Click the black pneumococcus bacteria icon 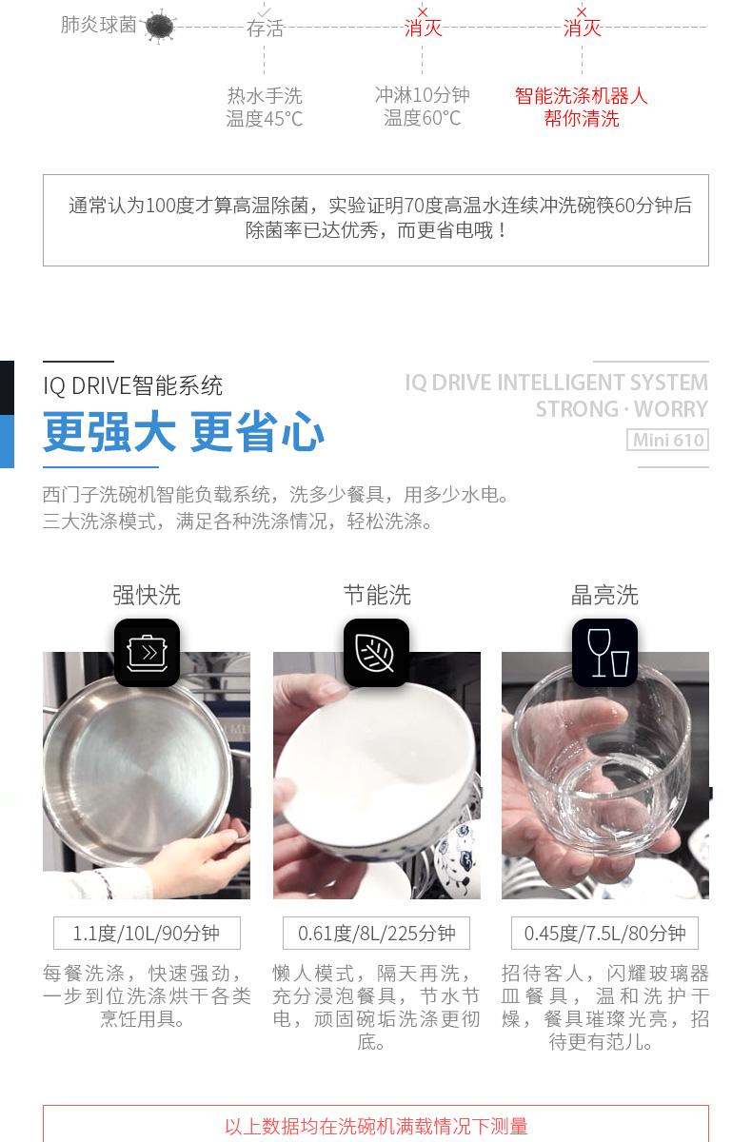pos(160,26)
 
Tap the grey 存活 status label pos(265,29)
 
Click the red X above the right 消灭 pos(582,11)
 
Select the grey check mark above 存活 pos(264,11)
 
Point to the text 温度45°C pos(264,119)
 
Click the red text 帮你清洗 pos(582,119)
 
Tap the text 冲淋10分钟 pos(422,95)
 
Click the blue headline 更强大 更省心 pos(184,432)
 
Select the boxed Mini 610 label pos(667,440)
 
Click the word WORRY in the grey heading pos(671,409)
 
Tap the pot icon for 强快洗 pos(147,653)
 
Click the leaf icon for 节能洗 pos(376,653)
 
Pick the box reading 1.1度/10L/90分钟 pos(147,933)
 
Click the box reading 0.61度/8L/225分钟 pos(376,933)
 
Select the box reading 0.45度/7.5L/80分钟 pos(604,933)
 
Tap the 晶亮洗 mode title pos(604,595)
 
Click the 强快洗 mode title pos(147,595)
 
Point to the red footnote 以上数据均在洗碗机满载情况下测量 pos(376,1127)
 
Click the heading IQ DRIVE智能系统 pos(132,386)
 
